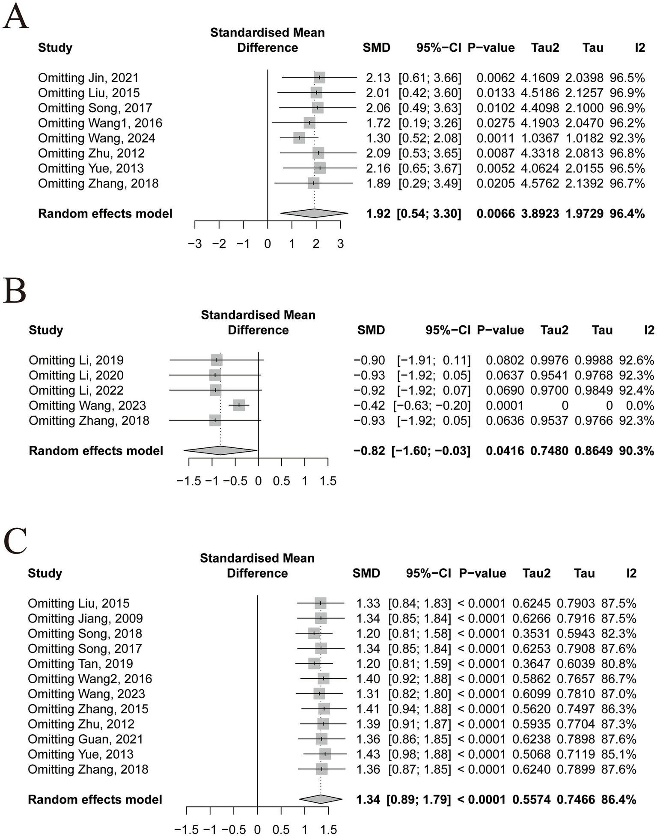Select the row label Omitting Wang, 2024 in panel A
click(x=96, y=138)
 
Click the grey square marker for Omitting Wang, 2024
click(x=299, y=138)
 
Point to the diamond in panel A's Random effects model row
click(x=314, y=213)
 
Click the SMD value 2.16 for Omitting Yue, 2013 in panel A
click(x=378, y=168)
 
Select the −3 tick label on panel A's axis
click(x=195, y=244)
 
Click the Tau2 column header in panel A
click(x=545, y=48)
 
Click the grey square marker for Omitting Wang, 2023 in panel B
click(x=239, y=405)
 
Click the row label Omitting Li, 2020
click(x=76, y=375)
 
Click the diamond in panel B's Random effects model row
click(x=220, y=450)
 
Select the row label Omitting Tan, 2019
click(x=80, y=664)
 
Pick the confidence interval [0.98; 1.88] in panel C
click(x=419, y=754)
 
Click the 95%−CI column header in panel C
click(x=428, y=573)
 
